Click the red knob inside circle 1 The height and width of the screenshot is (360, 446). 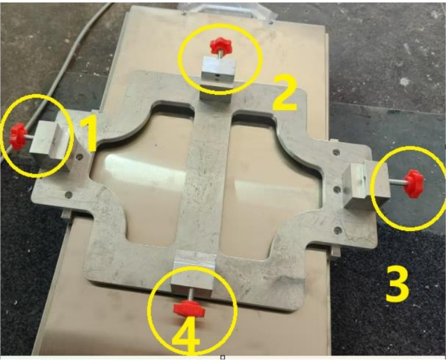17,136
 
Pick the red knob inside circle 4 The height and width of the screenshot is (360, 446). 189,310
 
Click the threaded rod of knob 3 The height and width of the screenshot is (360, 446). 398,182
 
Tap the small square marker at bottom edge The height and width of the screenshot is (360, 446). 223,357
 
